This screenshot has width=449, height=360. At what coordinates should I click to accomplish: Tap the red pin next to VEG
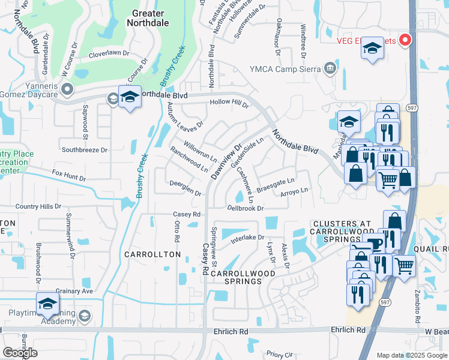point(405,40)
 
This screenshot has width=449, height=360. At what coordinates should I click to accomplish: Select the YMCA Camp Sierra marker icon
point(330,69)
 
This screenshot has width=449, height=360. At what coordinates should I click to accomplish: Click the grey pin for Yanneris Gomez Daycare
point(67,89)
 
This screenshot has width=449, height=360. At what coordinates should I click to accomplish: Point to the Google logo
point(20,353)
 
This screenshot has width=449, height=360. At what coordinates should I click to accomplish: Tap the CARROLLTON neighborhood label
point(152,254)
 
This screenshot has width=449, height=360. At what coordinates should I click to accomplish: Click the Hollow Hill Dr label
point(229,103)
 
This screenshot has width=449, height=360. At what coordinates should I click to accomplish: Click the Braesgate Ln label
point(278,181)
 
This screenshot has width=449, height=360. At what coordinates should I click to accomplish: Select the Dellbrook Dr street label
point(246,208)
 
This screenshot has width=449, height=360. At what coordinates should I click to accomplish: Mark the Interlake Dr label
point(247,239)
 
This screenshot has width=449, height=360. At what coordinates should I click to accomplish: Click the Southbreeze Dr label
point(84,149)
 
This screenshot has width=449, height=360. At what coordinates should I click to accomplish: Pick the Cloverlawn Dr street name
point(109,53)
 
